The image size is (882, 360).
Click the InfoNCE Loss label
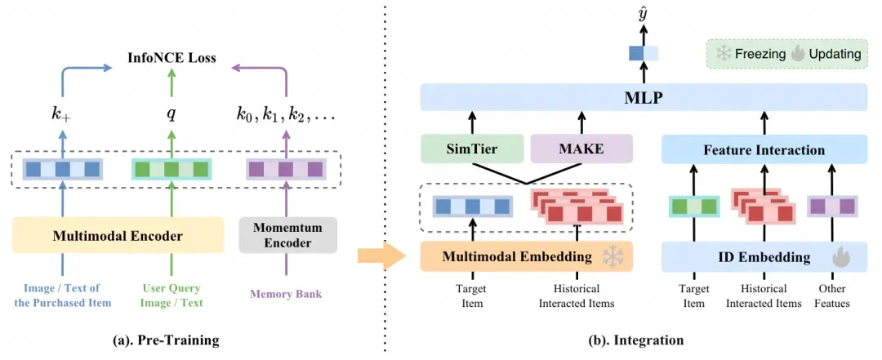pos(171,58)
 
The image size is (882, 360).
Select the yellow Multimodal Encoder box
pos(118,236)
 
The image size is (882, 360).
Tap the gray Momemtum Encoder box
pos(287,235)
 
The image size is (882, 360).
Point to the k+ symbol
pos(61,113)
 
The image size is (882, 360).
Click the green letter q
pos(171,113)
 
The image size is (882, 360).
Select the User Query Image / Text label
pos(171,296)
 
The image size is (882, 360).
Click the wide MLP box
pos(643,98)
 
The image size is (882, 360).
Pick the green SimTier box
pos(471,149)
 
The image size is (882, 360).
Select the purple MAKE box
pos(581,149)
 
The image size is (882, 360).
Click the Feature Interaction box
pos(764,149)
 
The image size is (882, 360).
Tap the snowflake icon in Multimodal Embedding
pos(612,256)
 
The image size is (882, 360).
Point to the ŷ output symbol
pos(643,13)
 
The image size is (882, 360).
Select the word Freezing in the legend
pos(760,54)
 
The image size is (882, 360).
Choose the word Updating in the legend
pos(835,54)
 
